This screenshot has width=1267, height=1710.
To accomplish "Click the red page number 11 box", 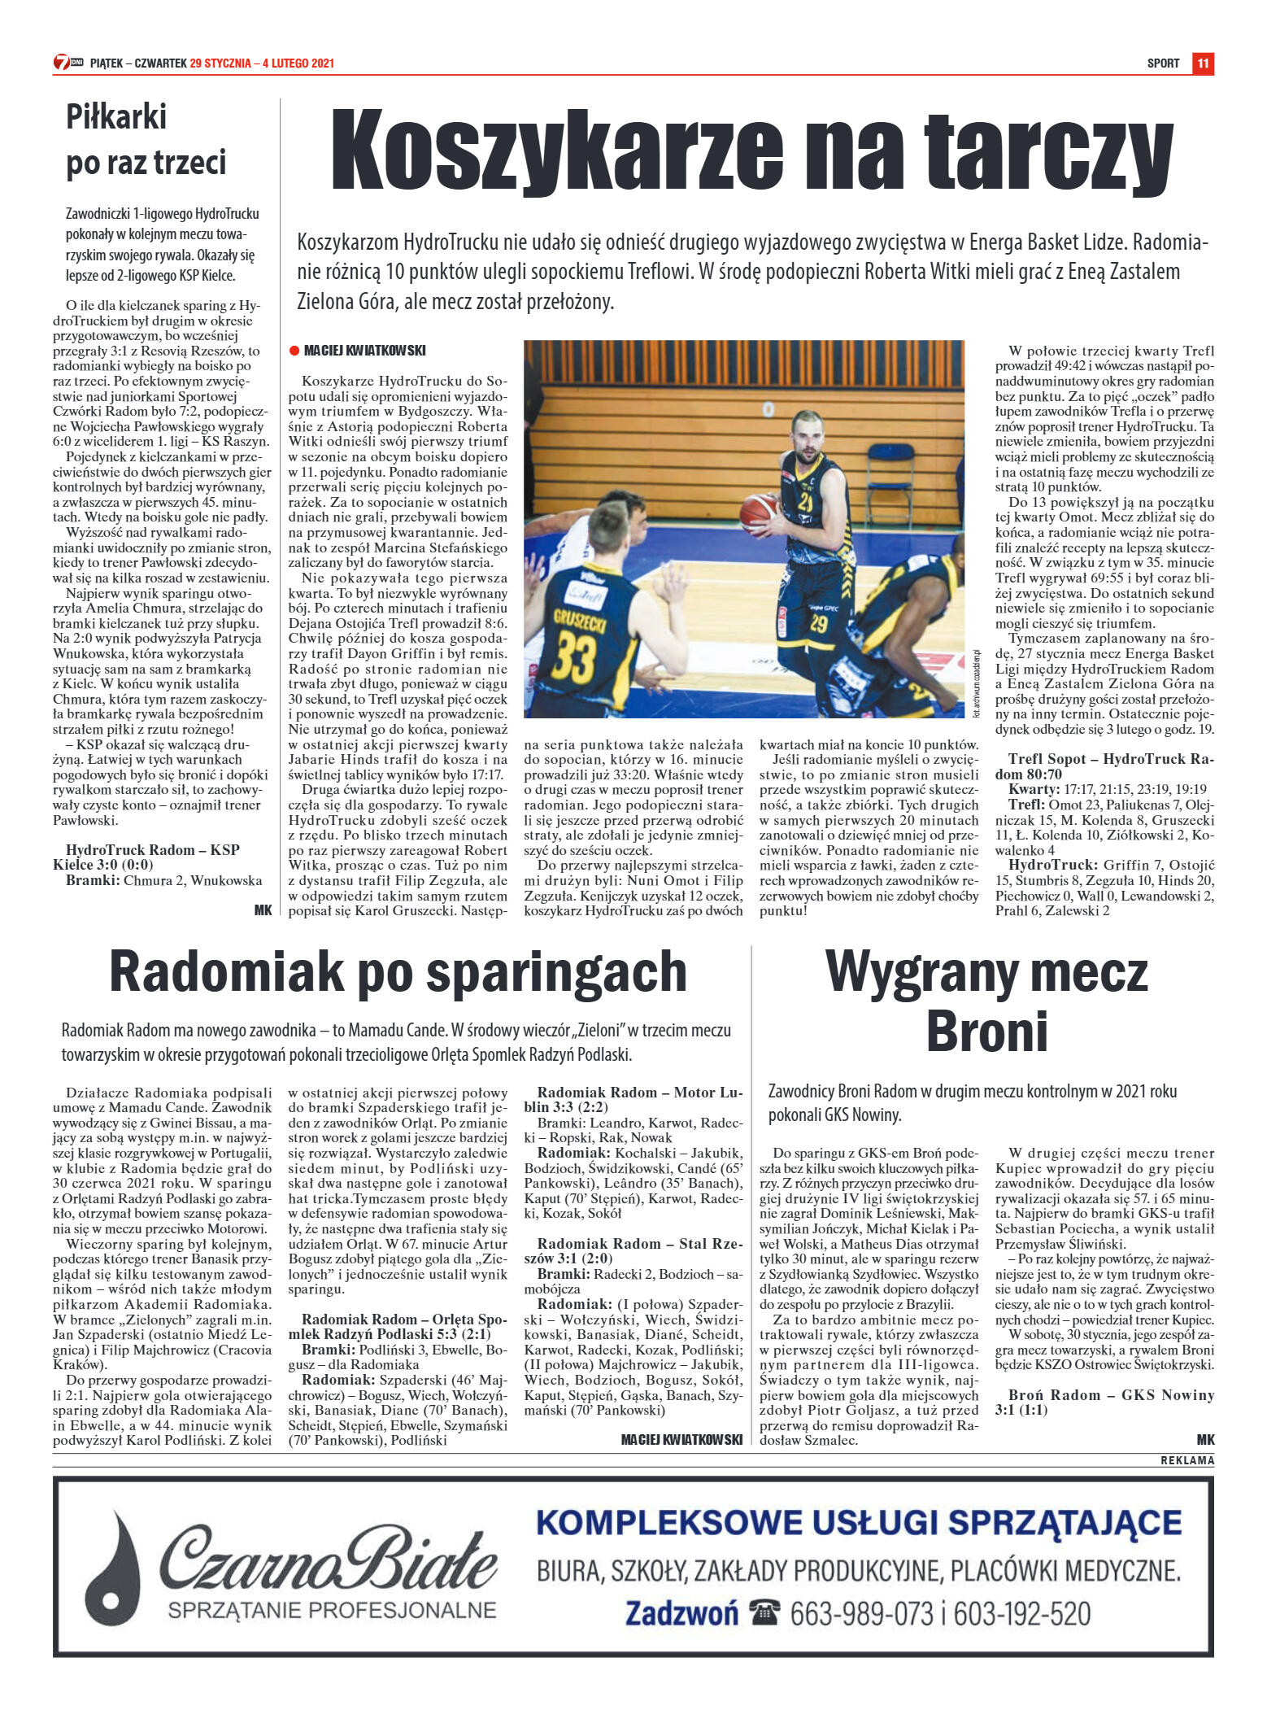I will click(1203, 63).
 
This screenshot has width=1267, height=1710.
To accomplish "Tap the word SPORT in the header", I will click(1163, 63).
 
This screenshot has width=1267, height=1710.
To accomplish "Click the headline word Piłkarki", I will click(116, 117).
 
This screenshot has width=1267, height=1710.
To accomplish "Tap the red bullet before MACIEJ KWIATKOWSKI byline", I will click(294, 351).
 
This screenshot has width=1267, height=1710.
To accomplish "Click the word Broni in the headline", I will click(986, 1031).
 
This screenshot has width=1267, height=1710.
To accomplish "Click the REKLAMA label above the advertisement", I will click(1187, 1460).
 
